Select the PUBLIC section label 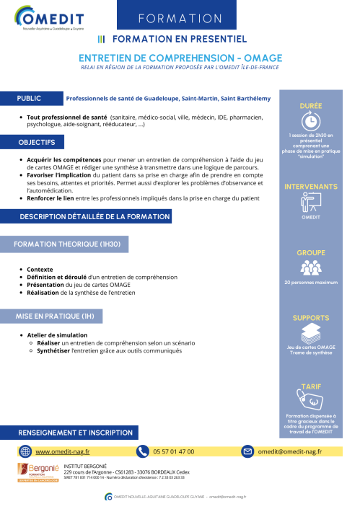click(30, 98)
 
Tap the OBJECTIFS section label click(37, 142)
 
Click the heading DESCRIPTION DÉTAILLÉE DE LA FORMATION click(95, 216)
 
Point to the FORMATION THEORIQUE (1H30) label click(66, 244)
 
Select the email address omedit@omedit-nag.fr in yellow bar click(290, 451)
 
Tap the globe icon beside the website click(25, 451)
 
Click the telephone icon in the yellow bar click(142, 451)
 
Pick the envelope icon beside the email click(247, 451)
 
